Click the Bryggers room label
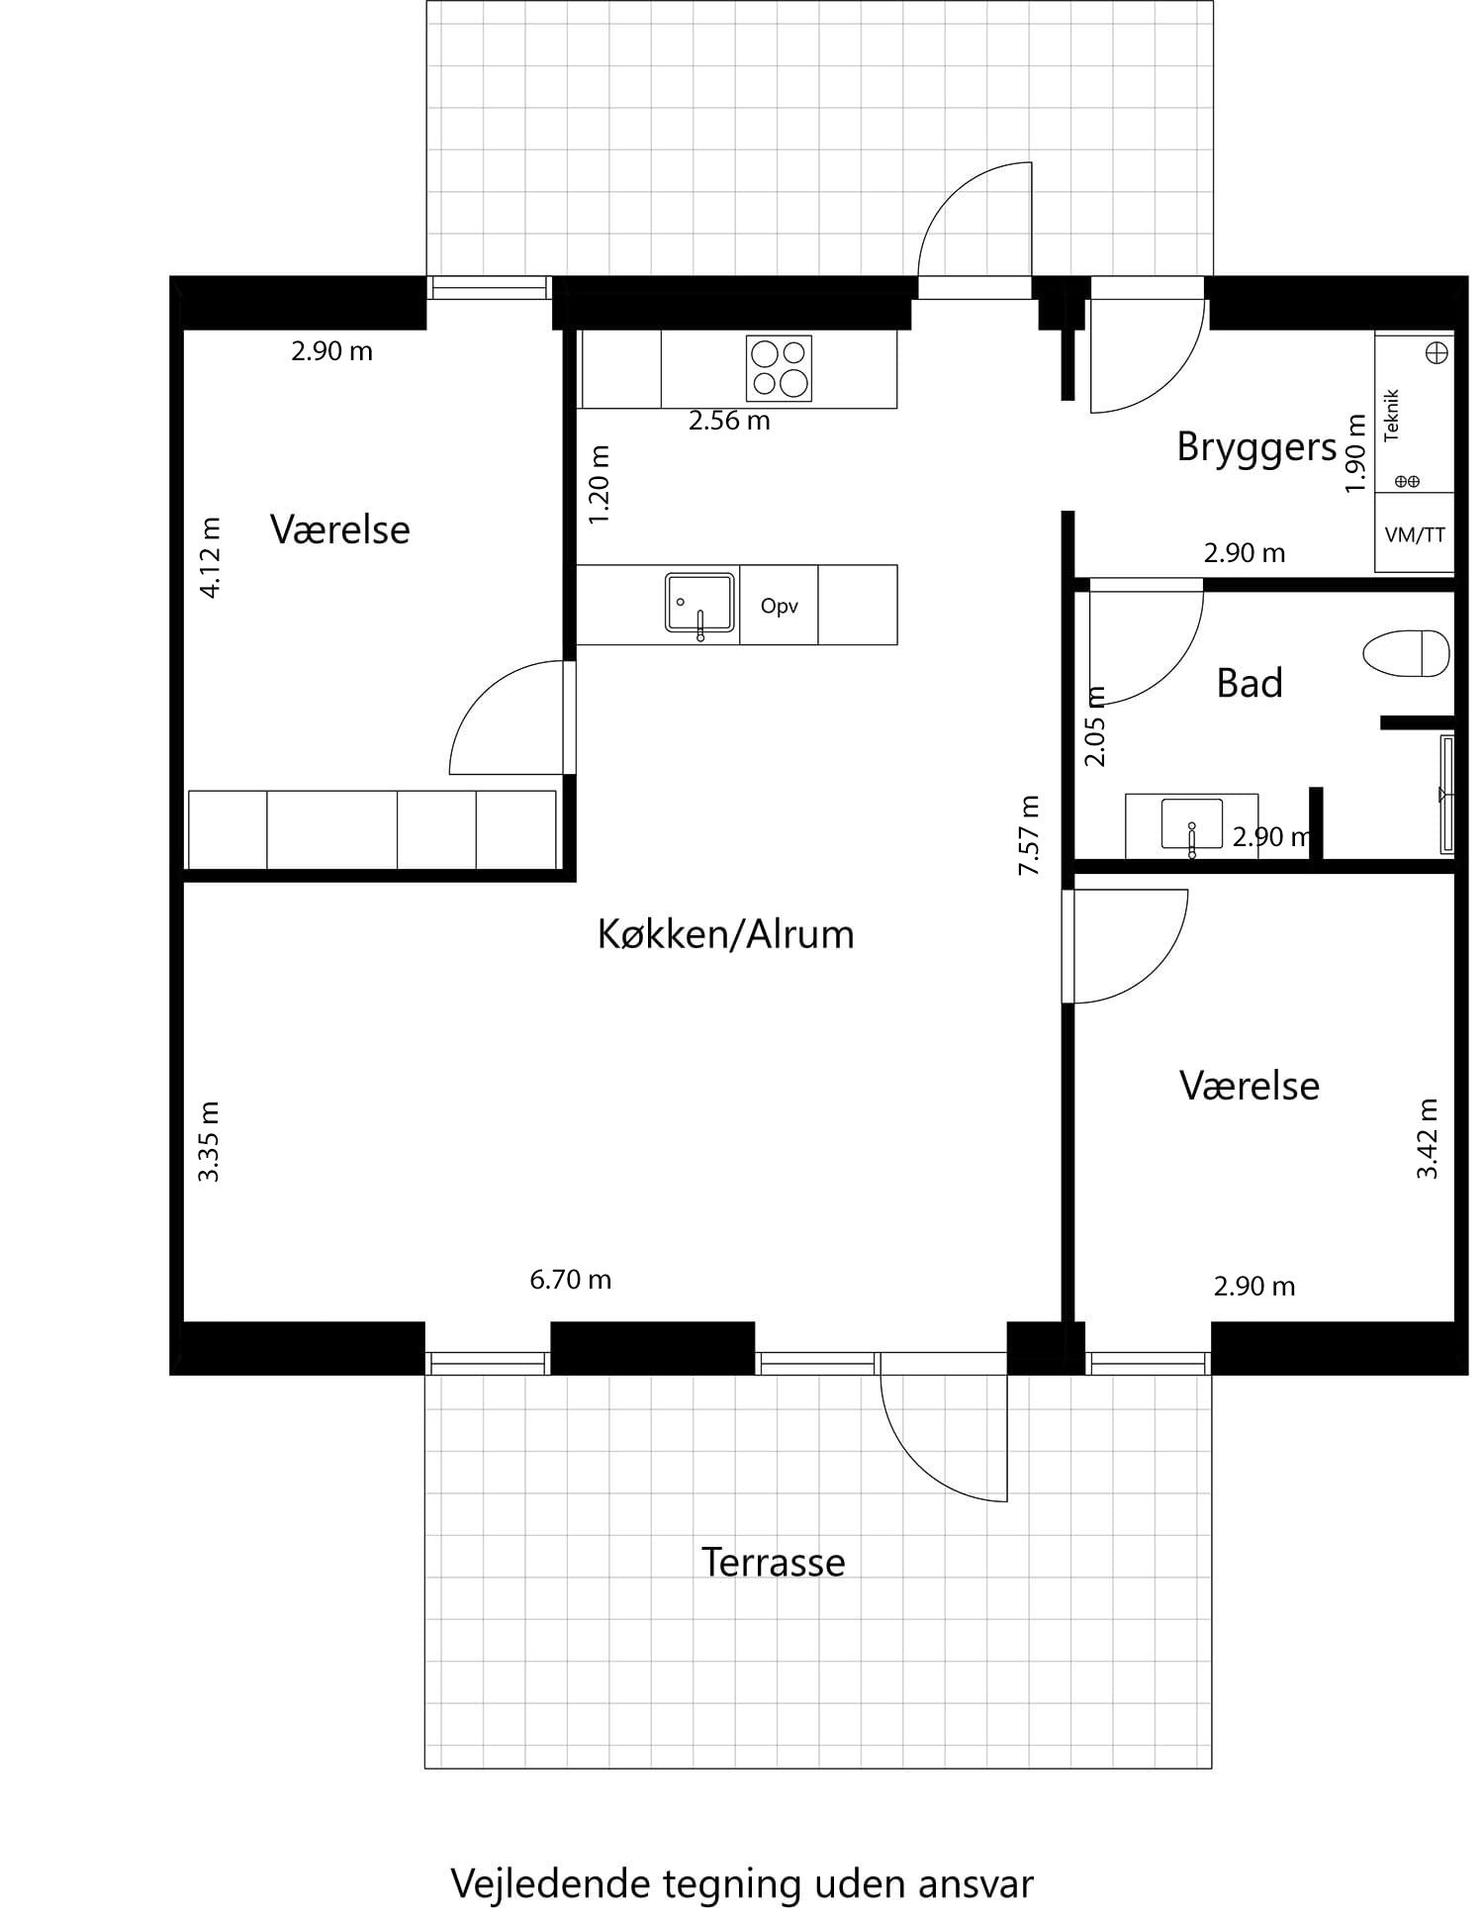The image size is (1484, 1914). (1256, 447)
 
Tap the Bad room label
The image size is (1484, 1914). (1250, 683)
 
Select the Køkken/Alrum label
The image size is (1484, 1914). (725, 934)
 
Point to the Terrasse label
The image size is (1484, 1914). (773, 1563)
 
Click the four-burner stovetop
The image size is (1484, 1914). (779, 368)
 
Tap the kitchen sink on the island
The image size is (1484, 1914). (699, 602)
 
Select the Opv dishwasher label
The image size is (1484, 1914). (779, 606)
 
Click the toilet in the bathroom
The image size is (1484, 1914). (1406, 654)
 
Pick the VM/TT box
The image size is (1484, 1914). (1415, 534)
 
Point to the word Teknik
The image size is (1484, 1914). (1393, 416)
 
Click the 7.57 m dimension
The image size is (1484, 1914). (1030, 835)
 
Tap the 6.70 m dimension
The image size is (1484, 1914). (571, 1280)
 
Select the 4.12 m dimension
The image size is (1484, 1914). (211, 557)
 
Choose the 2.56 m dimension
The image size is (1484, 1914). (729, 421)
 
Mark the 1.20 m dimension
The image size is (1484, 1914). (600, 485)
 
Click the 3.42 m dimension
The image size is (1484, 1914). (1428, 1138)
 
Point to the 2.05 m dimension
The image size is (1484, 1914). (1095, 726)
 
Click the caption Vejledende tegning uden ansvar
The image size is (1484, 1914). (742, 1883)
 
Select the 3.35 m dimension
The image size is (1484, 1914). (209, 1141)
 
